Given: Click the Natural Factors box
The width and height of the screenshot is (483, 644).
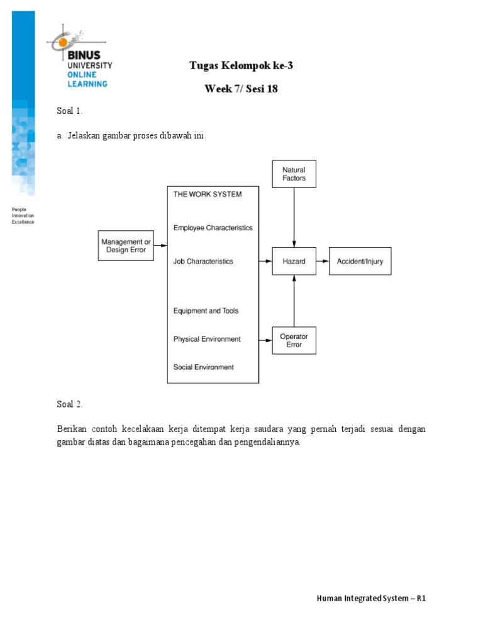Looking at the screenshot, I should point(294,174).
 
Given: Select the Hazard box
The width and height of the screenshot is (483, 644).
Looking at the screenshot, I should point(294,261).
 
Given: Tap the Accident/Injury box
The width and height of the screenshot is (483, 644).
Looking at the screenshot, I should point(360,261).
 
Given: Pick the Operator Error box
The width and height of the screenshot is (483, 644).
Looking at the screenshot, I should point(294,340).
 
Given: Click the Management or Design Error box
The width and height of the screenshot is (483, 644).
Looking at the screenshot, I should point(126,245).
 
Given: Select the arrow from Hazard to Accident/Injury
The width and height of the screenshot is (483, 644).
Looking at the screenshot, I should point(322,261).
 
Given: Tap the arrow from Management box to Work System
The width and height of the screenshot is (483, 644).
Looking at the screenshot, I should point(160,245).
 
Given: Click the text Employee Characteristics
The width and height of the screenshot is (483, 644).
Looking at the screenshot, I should point(213,228).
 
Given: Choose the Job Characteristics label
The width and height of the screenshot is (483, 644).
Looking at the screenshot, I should point(203,261).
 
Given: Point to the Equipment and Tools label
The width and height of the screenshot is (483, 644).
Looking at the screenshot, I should point(206,311).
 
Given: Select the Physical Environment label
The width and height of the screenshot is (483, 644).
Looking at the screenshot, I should point(207,339).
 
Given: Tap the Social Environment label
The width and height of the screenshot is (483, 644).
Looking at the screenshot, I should point(203,367).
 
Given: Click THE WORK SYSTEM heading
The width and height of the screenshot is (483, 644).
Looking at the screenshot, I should point(207,194).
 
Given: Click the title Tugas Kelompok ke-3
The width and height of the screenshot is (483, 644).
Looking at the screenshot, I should point(241,65).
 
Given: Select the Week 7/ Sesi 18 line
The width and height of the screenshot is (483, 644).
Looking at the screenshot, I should point(241,89).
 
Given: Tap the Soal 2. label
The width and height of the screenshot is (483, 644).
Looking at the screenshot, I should point(70,404).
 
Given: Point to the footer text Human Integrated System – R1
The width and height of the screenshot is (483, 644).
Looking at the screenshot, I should point(371,598).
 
